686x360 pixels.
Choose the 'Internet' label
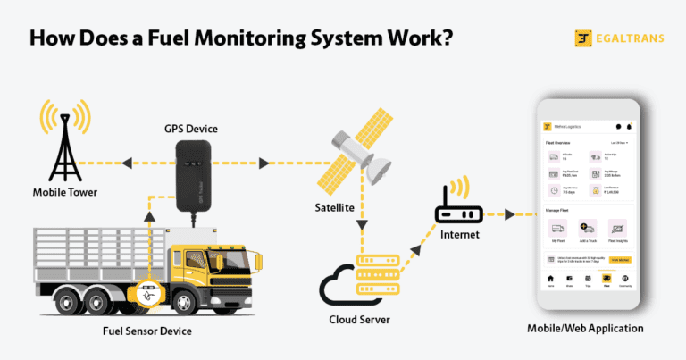pyautogui.click(x=458, y=235)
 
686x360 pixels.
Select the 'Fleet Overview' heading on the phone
pyautogui.click(x=557, y=142)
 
